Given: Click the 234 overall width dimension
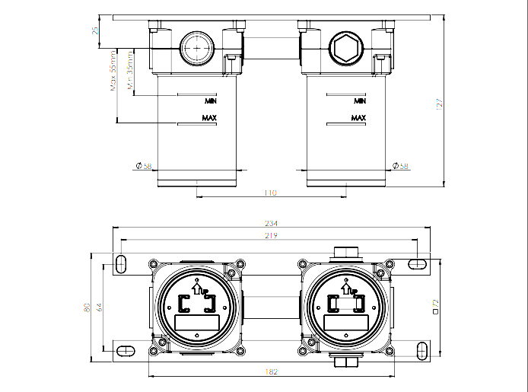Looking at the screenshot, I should [272, 223].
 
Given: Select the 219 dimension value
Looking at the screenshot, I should [272, 237].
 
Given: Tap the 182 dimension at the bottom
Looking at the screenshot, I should [272, 371].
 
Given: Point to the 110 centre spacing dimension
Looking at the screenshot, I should [270, 193].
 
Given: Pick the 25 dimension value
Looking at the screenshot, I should [94, 30].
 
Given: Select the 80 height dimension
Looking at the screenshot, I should [87, 308].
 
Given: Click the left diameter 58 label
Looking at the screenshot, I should [144, 167].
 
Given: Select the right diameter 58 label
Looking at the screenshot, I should [399, 167].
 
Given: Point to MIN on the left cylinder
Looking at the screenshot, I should [211, 100].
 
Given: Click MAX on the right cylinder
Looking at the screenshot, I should [358, 118].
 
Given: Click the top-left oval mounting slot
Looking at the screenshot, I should [121, 263].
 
